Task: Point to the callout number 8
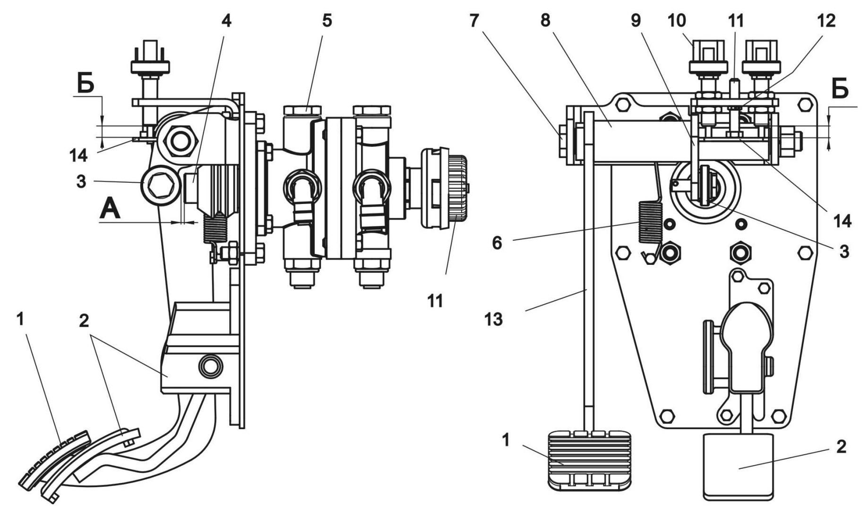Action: coord(545,21)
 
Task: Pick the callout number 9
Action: coord(636,21)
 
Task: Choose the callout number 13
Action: coord(493,320)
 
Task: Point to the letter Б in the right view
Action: coord(839,90)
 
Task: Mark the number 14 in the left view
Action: coord(78,155)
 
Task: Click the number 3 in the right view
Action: coord(844,251)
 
